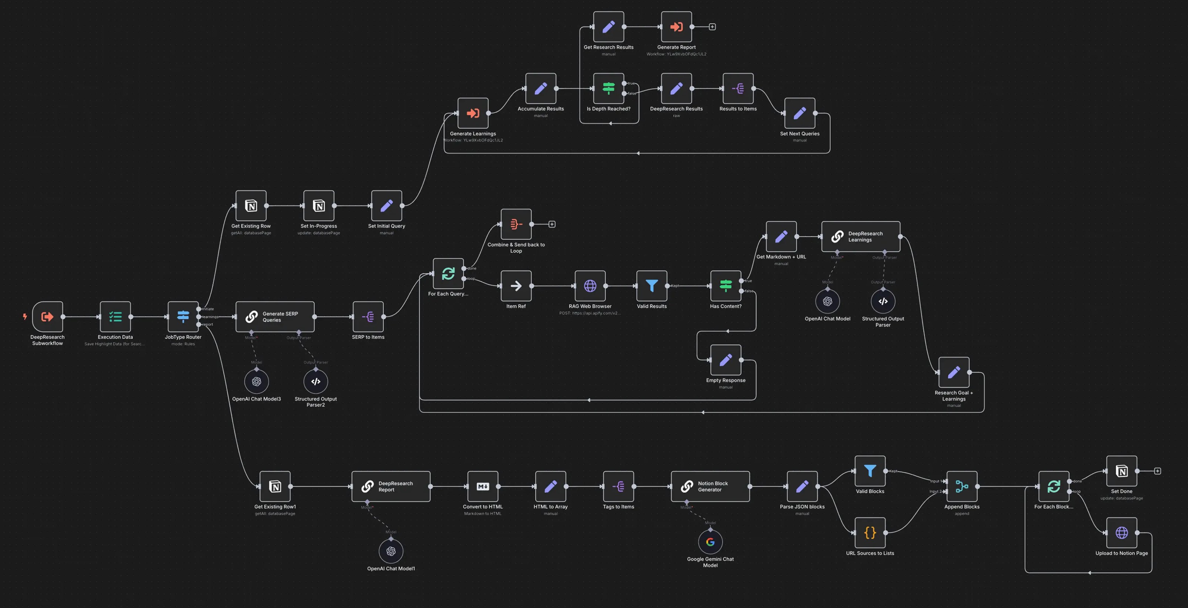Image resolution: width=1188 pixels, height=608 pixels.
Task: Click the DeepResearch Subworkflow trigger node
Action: click(48, 317)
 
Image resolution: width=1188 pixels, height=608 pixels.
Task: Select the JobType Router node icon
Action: click(183, 317)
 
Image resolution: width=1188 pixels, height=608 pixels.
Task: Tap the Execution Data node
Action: click(115, 317)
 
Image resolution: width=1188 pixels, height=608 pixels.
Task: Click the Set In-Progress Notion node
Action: click(319, 206)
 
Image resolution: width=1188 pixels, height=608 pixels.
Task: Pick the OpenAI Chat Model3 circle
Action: click(257, 382)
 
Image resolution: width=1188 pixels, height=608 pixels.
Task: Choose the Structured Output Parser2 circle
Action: click(315, 382)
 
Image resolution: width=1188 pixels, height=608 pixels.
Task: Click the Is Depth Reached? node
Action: click(608, 88)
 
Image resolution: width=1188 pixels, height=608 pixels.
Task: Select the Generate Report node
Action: click(676, 27)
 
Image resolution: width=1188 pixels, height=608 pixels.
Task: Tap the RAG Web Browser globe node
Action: click(590, 286)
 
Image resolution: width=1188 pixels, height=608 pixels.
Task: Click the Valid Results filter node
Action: click(652, 286)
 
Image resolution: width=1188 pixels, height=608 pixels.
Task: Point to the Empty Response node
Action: click(726, 360)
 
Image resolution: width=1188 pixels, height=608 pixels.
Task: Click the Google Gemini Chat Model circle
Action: click(710, 542)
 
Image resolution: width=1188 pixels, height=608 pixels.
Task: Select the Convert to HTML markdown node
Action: click(482, 486)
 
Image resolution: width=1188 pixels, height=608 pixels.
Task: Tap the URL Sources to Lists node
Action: click(870, 533)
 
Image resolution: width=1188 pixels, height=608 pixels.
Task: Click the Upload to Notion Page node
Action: click(1121, 533)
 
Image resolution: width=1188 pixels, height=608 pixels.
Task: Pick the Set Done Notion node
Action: click(1121, 471)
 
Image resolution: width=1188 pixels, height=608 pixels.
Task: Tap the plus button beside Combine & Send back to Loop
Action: click(551, 224)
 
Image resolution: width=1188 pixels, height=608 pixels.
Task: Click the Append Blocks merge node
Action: click(961, 486)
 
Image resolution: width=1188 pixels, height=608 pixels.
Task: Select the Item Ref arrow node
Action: click(516, 286)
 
